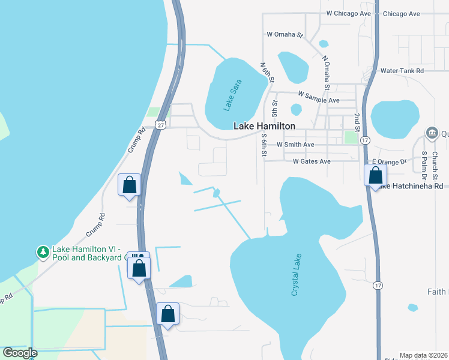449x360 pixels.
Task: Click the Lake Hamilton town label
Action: pyautogui.click(x=264, y=126)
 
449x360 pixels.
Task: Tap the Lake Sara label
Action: pyautogui.click(x=232, y=95)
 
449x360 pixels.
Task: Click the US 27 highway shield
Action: pyautogui.click(x=159, y=124)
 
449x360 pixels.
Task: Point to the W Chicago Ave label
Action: pyautogui.click(x=348, y=13)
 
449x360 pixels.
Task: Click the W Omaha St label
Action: pyautogui.click(x=285, y=35)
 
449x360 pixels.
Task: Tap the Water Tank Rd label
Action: pyautogui.click(x=402, y=70)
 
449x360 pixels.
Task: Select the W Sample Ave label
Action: pyautogui.click(x=319, y=100)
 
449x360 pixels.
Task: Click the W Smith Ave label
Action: pyautogui.click(x=295, y=145)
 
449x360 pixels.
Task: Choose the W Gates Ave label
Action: pyautogui.click(x=312, y=161)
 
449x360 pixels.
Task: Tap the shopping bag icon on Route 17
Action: pyautogui.click(x=376, y=175)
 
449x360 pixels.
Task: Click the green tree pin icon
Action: pyautogui.click(x=43, y=252)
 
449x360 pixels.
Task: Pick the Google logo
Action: pyautogui.click(x=19, y=353)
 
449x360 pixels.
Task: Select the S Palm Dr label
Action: pyautogui.click(x=424, y=166)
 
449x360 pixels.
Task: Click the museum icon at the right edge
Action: pyautogui.click(x=431, y=133)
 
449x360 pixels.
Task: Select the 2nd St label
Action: pyautogui.click(x=357, y=122)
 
